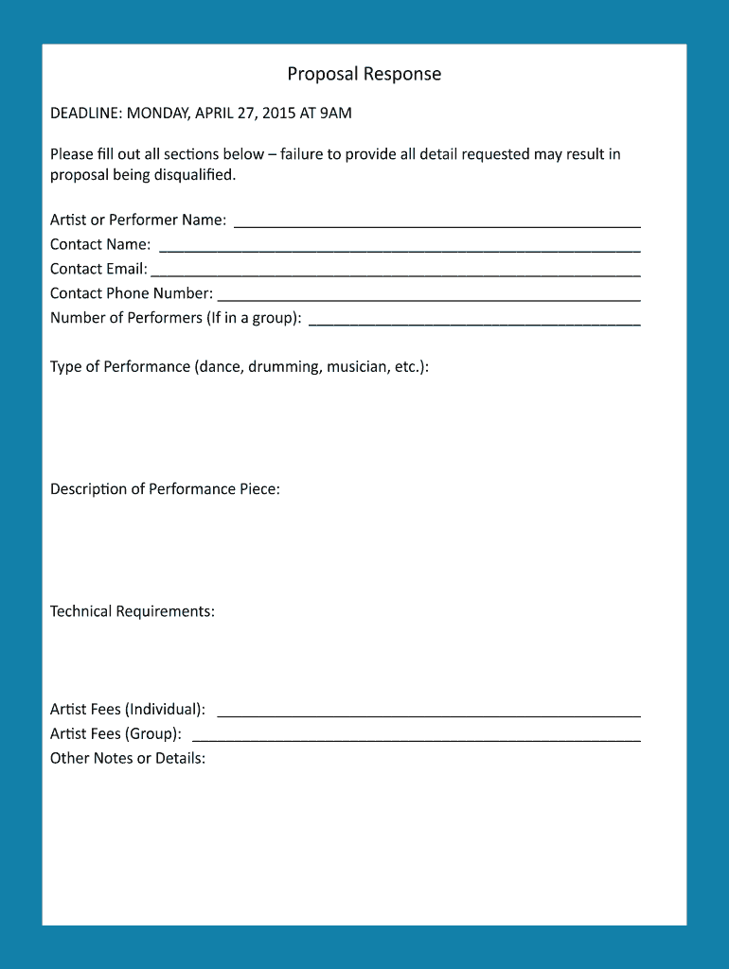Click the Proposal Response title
(x=364, y=74)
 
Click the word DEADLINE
(x=85, y=114)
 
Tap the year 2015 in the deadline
(x=277, y=114)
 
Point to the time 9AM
(x=335, y=114)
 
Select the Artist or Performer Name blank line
(x=436, y=224)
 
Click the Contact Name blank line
(x=400, y=249)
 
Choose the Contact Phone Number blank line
(x=429, y=298)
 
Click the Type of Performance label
(x=120, y=366)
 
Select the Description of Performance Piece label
(x=165, y=489)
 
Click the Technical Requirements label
(x=133, y=611)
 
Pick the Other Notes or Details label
(x=128, y=758)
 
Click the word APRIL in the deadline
(x=214, y=114)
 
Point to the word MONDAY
(x=157, y=114)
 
